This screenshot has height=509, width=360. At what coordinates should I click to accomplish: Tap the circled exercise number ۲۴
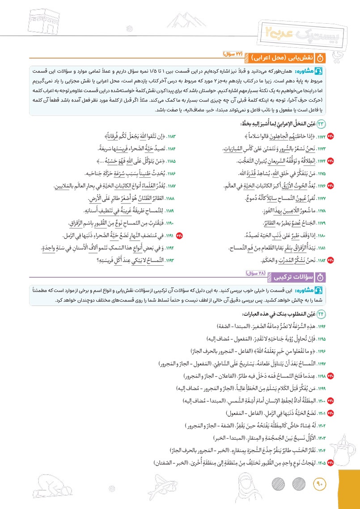[x=321, y=314]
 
